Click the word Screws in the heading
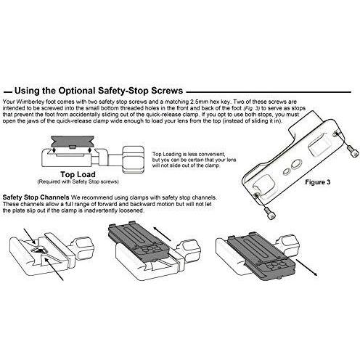[167, 91]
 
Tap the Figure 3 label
[317, 182]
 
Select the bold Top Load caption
[78, 174]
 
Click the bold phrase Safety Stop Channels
[36, 197]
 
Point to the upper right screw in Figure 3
[352, 152]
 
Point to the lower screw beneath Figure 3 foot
[271, 213]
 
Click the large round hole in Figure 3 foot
[295, 164]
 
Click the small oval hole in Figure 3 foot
[287, 172]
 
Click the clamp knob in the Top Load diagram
[134, 160]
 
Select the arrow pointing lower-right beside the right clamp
[306, 267]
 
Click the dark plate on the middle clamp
[139, 242]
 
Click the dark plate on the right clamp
[261, 256]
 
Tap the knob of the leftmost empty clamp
[83, 247]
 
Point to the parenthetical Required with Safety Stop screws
[78, 181]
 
